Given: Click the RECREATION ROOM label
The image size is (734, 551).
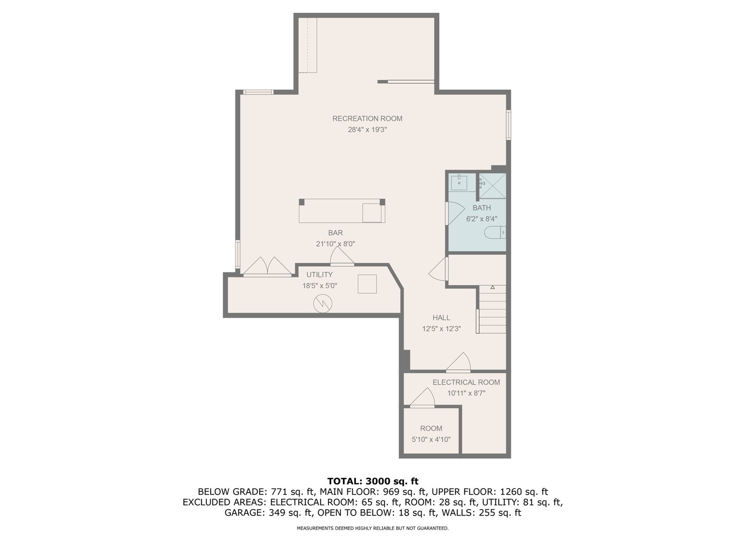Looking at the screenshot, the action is (x=367, y=118).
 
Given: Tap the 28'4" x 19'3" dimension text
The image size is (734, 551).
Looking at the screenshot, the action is (x=367, y=129).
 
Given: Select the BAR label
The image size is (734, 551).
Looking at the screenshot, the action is (x=335, y=233).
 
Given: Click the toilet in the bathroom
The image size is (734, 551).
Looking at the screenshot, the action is (x=495, y=232).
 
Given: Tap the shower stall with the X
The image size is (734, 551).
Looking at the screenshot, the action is (x=493, y=186).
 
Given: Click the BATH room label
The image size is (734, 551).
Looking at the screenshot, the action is (x=482, y=208).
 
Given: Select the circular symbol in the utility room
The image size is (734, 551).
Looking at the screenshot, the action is (x=323, y=304).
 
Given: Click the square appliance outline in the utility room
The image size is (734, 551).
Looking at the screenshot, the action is (x=367, y=284).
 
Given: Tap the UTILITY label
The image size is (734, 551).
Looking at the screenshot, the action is (x=319, y=275).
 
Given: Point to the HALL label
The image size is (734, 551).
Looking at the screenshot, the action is (x=441, y=317).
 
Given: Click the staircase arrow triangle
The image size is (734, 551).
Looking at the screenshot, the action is (x=492, y=287).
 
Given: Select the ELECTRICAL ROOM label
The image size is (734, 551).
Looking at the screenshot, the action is (x=466, y=382).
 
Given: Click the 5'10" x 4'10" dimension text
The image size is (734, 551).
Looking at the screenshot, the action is (x=431, y=439).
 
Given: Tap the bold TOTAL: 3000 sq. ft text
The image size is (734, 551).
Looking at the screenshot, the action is (x=373, y=481).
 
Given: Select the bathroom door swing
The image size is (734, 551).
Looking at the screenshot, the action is (x=456, y=213).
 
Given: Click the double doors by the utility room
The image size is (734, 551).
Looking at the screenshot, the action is (x=267, y=267).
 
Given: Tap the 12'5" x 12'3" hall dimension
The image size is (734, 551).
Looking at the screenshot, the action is (x=441, y=328).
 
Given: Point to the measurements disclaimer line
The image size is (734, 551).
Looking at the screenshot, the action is (x=373, y=528).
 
